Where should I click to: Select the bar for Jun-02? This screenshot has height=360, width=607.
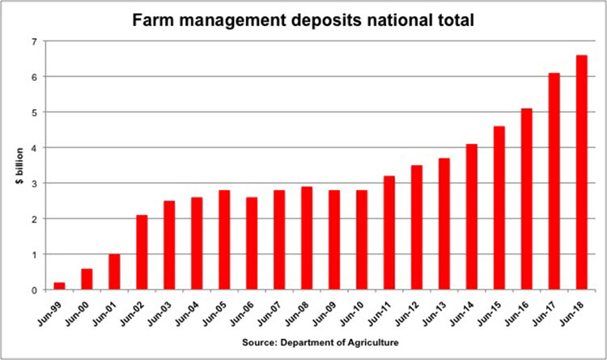[x=142, y=252]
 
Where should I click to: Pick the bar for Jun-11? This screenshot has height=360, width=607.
[x=388, y=233]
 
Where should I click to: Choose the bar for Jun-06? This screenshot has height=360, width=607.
[x=252, y=244]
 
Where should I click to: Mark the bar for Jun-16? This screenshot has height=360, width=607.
[x=526, y=199]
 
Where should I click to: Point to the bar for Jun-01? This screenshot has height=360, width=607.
[x=114, y=272]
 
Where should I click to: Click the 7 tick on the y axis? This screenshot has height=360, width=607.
[x=34, y=41]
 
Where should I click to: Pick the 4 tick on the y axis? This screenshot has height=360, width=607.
[x=34, y=148]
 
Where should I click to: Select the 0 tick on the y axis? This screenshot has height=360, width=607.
[x=34, y=290]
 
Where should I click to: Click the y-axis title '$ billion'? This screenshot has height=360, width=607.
[x=17, y=166]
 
